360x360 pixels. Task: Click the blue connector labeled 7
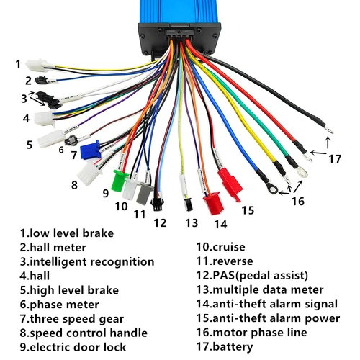(91, 150)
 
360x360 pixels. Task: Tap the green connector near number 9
(120, 176)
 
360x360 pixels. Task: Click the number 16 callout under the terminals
(297, 202)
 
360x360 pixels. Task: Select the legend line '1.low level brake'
(66, 233)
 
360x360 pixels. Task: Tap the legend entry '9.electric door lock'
(74, 346)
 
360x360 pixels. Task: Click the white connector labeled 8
(90, 173)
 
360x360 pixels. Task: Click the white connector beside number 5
(51, 138)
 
